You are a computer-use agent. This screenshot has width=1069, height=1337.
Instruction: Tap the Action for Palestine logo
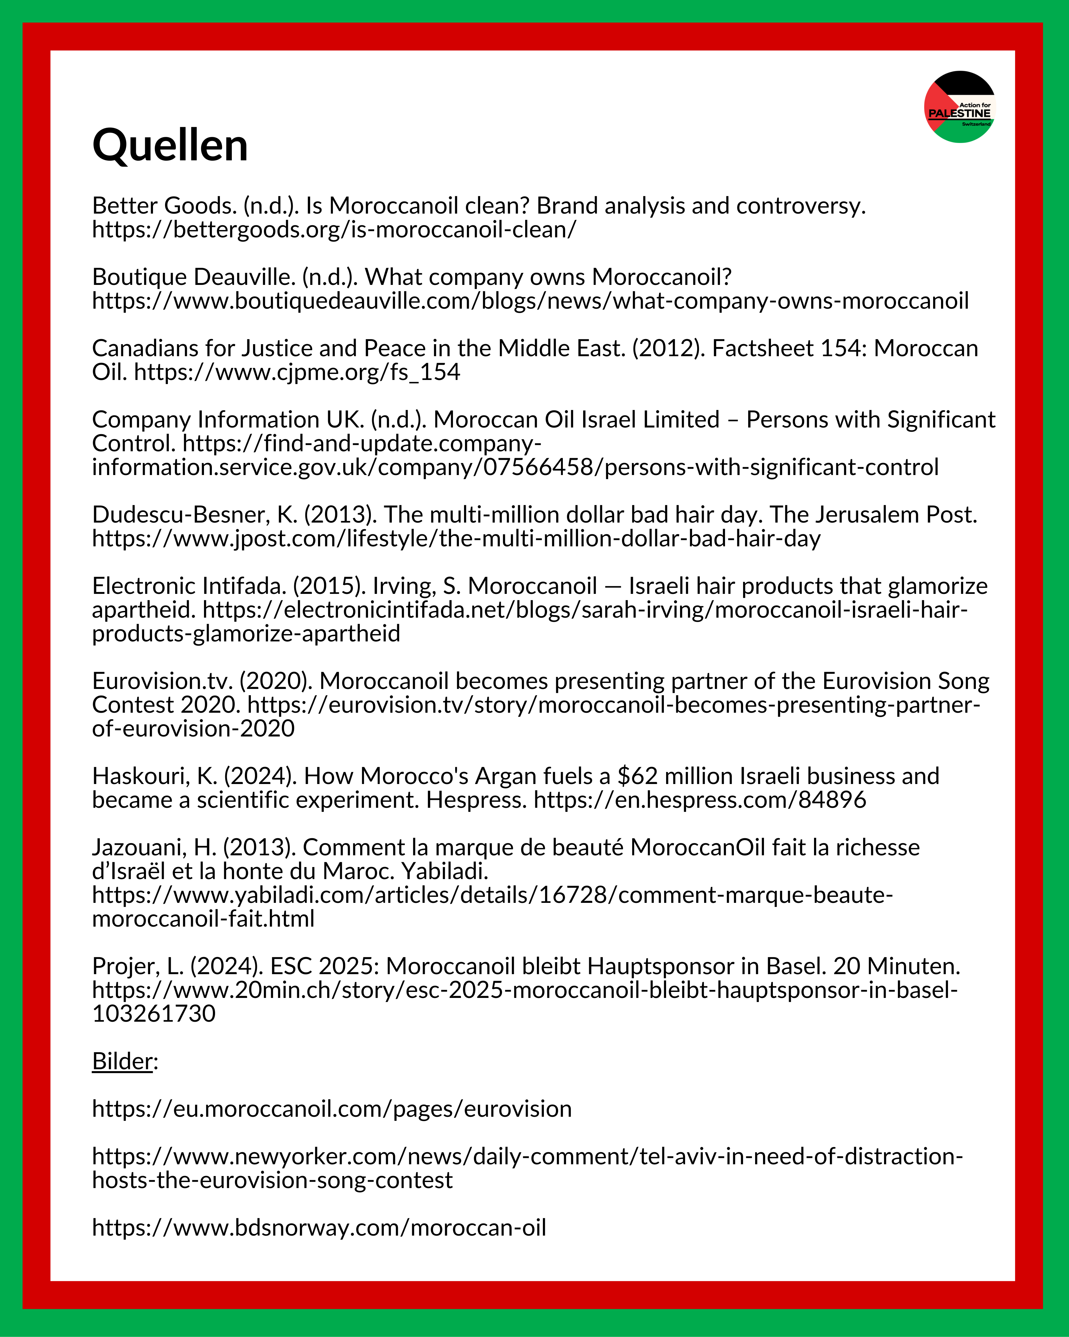click(x=959, y=107)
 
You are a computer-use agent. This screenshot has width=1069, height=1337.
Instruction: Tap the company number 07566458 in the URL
click(x=538, y=467)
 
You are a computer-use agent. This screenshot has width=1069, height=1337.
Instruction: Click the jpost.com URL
click(x=456, y=538)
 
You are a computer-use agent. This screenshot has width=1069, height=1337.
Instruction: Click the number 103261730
click(x=154, y=1013)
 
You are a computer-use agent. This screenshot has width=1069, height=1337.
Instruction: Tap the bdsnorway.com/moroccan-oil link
click(x=319, y=1227)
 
